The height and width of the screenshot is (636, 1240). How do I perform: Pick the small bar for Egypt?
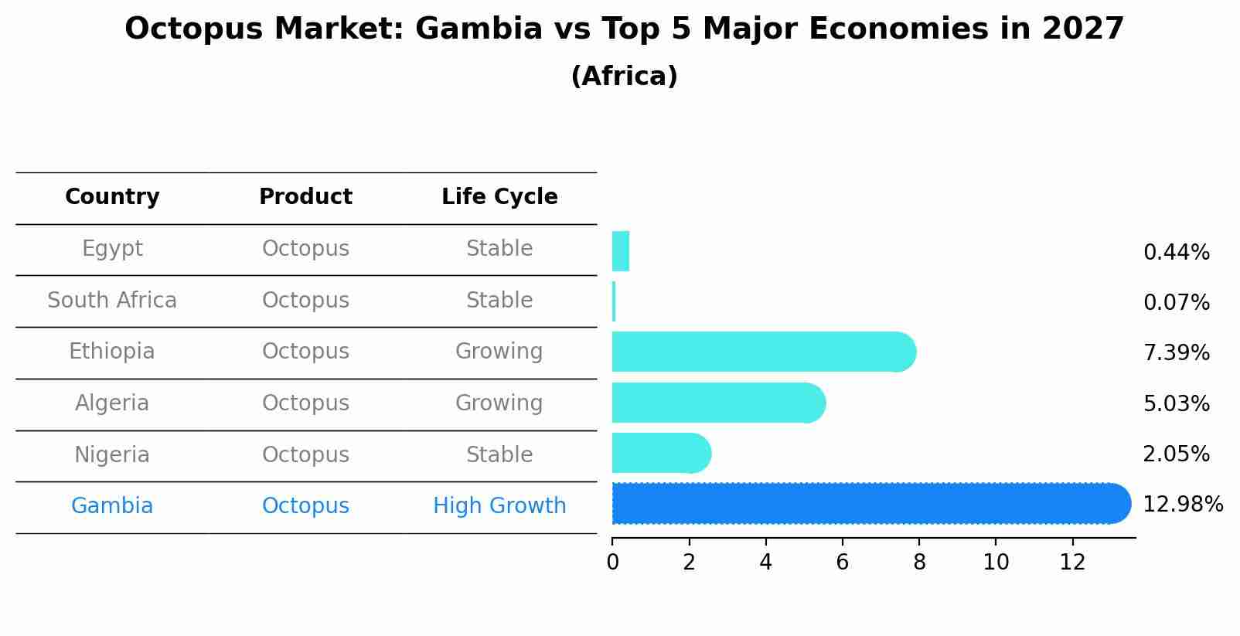[x=621, y=251]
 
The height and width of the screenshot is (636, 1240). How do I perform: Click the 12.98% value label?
[x=1182, y=505]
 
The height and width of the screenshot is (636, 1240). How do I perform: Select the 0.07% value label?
[x=1176, y=303]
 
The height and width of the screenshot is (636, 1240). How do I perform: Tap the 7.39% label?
[x=1176, y=353]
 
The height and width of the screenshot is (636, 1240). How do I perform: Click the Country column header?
[x=112, y=197]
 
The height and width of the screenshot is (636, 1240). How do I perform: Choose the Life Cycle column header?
[x=499, y=197]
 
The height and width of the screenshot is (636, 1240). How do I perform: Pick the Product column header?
[x=305, y=197]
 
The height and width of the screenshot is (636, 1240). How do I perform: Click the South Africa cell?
[x=112, y=301]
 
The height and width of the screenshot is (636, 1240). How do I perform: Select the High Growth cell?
[x=499, y=506]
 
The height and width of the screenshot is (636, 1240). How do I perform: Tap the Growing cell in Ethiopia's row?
[x=499, y=352]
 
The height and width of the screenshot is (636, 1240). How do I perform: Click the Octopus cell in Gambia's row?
[x=305, y=506]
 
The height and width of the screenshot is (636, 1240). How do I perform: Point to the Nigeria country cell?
[x=112, y=454]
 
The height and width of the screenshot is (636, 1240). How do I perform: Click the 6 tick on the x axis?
[x=842, y=563]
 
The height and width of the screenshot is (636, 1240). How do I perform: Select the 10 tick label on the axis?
[x=996, y=563]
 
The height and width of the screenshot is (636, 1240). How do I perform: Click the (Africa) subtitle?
[x=624, y=77]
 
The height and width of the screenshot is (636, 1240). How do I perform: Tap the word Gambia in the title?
[x=479, y=29]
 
